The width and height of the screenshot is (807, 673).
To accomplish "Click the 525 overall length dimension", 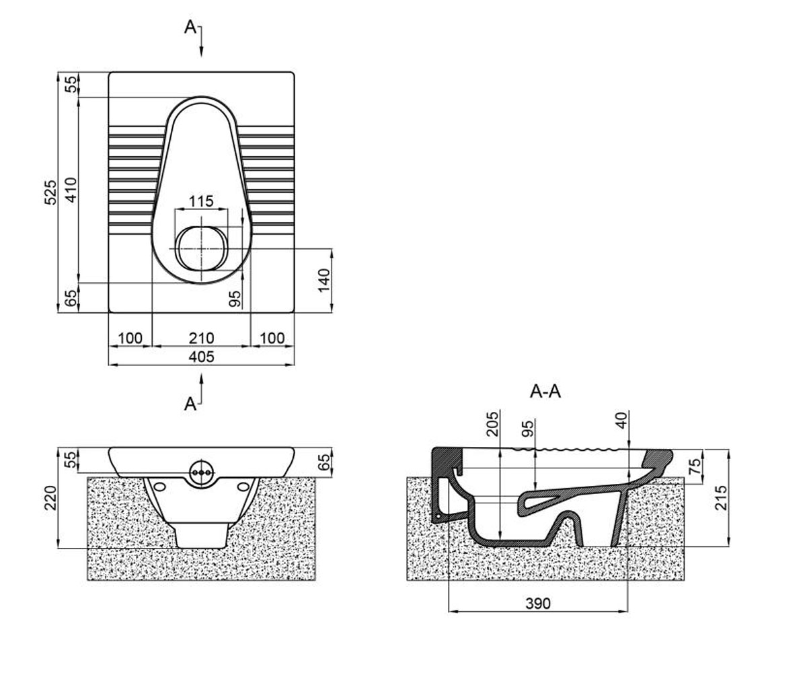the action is click(50, 192).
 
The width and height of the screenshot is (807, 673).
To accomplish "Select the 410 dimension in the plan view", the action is click(71, 190).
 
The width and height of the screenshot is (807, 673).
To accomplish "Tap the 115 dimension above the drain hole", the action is click(201, 201).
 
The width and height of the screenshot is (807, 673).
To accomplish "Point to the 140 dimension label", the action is click(324, 281).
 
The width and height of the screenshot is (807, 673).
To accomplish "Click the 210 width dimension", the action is click(201, 338).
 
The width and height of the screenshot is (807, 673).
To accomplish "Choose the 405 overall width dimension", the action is click(201, 357).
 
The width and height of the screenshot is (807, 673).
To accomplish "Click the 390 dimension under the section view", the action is click(538, 604).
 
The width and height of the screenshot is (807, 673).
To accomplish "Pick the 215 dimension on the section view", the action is click(721, 497).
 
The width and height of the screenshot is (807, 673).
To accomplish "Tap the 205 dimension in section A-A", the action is click(492, 424).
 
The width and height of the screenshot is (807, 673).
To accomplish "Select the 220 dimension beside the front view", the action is click(50, 498).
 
